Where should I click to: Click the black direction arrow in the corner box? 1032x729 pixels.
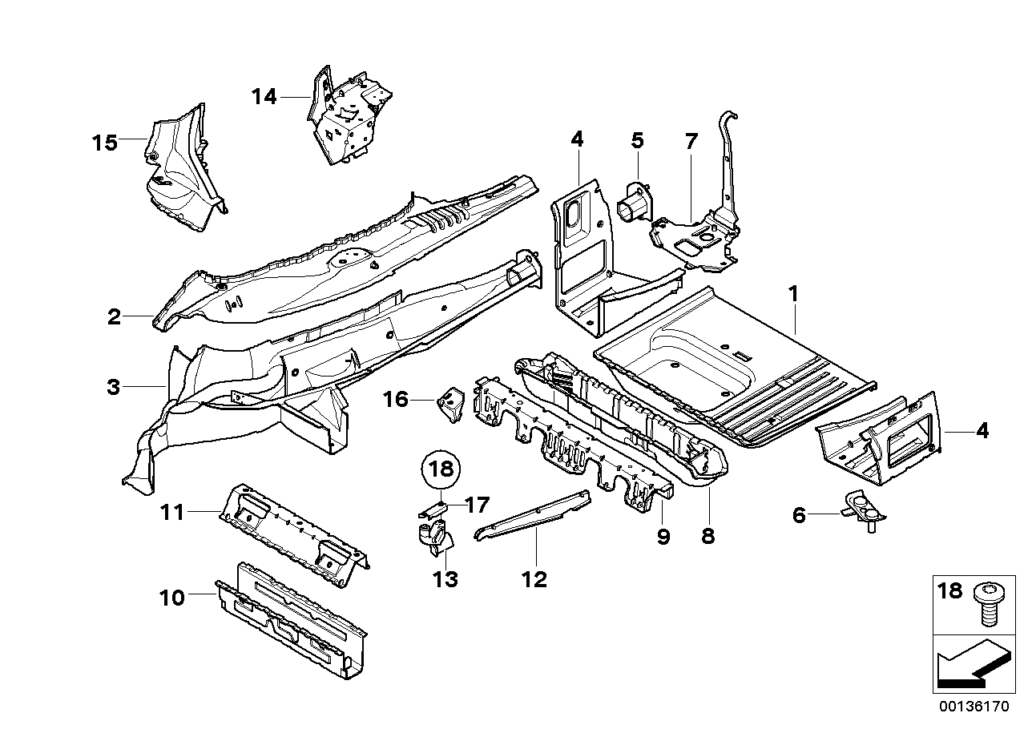[970, 667]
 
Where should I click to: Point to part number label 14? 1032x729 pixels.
[264, 97]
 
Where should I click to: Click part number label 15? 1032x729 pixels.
[104, 143]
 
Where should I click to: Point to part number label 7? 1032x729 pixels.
[691, 141]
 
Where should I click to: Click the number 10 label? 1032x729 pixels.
[172, 598]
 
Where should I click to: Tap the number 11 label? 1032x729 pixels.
[175, 510]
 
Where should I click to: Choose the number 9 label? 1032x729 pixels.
[663, 537]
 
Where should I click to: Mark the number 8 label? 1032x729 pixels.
[707, 537]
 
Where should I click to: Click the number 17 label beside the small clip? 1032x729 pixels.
[477, 505]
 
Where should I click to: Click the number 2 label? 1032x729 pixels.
[115, 317]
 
